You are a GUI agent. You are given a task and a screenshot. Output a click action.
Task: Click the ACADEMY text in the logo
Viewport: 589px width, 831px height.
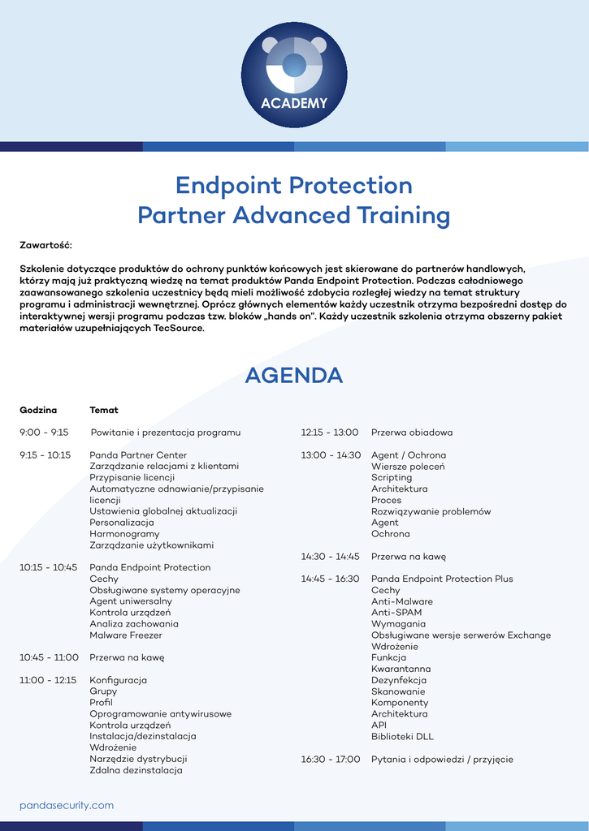click(294, 103)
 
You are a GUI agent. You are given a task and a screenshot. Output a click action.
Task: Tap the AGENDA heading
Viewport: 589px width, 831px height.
click(294, 376)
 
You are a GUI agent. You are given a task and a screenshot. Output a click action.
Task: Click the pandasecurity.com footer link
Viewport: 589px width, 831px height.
click(67, 805)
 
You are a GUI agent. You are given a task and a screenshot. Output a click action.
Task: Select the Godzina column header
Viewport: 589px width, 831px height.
click(38, 410)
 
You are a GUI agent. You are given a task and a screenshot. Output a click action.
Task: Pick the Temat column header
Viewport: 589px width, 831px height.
click(104, 410)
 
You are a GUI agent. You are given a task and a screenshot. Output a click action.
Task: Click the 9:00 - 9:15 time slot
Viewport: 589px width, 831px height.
click(44, 433)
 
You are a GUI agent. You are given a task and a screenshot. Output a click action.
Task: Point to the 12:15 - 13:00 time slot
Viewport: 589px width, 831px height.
click(330, 433)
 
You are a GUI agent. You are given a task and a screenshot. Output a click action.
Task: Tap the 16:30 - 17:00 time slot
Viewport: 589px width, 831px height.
click(330, 760)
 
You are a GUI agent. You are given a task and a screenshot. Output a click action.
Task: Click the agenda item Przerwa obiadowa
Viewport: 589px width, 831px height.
click(412, 433)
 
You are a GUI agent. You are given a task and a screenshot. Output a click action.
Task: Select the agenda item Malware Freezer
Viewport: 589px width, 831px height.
click(125, 635)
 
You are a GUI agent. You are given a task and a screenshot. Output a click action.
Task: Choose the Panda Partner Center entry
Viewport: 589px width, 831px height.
click(138, 455)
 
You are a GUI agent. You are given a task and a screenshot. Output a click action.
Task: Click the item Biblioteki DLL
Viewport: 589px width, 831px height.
click(402, 737)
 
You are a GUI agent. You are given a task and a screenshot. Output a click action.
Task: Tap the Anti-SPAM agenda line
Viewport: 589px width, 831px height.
click(396, 613)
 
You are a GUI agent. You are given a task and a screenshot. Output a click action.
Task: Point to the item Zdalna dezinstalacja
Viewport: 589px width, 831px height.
click(136, 770)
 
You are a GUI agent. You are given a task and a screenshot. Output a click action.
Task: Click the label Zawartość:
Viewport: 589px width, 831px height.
click(45, 244)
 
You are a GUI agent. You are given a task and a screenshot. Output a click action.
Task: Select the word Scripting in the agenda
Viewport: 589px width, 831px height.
click(392, 478)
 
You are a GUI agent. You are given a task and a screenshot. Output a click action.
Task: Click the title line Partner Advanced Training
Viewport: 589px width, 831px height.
click(294, 216)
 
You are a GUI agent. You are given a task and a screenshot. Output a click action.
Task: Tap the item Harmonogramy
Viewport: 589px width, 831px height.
click(124, 534)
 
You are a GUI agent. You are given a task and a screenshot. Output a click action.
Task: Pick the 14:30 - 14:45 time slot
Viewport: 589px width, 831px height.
click(330, 557)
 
